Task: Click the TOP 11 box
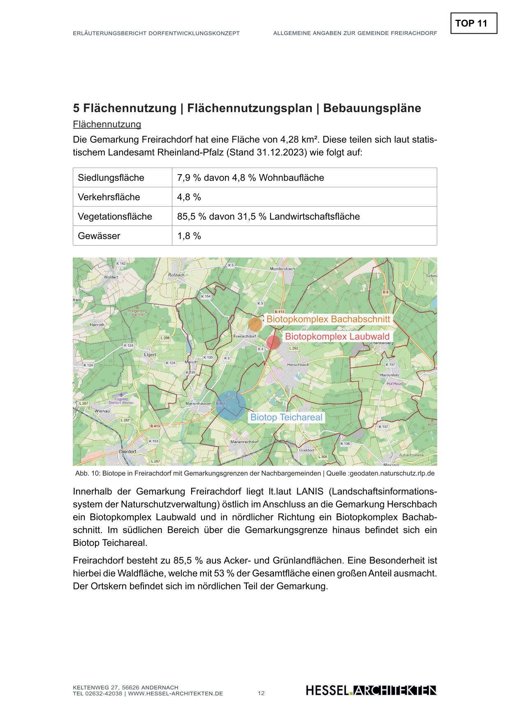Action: click(x=474, y=23)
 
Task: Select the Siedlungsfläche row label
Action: click(x=111, y=178)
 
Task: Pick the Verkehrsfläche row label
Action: click(x=109, y=197)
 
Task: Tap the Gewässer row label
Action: click(x=99, y=236)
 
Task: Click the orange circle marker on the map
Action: click(x=255, y=324)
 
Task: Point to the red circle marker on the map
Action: click(x=273, y=342)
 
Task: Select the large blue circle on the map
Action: click(x=231, y=405)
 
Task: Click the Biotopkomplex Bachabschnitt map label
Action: click(x=328, y=319)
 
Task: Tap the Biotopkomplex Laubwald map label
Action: click(x=337, y=336)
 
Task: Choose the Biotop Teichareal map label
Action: click(x=286, y=417)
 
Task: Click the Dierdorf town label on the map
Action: click(x=127, y=451)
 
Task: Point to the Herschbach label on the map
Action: click(x=298, y=365)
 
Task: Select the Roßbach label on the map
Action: click(x=176, y=275)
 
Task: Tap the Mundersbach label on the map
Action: click(x=282, y=269)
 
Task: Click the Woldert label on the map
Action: click(x=111, y=277)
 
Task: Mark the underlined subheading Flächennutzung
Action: click(x=107, y=124)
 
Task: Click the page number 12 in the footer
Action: click(x=261, y=693)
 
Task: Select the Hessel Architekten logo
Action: click(x=371, y=691)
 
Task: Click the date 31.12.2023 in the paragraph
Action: click(x=282, y=153)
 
